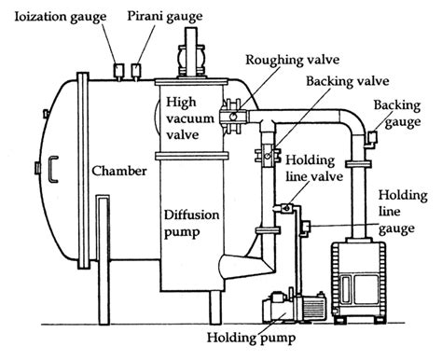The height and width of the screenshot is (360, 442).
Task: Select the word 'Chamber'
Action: tap(116, 172)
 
